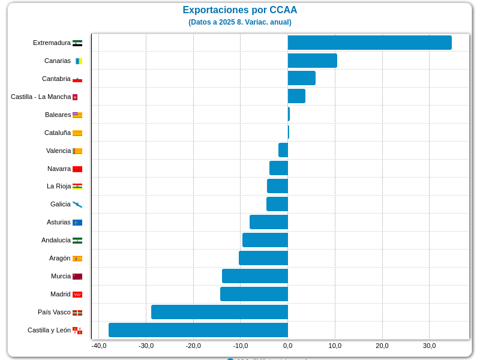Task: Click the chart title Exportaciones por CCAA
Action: point(239,10)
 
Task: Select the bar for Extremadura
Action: point(370,43)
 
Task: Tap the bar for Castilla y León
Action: point(198,330)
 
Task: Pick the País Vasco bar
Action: point(220,312)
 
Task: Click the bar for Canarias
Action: point(312,61)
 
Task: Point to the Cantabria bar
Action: point(301,78)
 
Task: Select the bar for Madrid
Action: point(254,294)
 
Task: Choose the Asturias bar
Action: point(269,222)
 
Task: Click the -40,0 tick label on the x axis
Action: point(99,346)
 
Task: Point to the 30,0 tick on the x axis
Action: point(429,346)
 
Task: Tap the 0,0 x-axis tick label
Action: point(288,346)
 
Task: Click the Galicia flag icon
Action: point(77,205)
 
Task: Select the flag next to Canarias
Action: point(78,61)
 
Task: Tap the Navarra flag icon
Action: point(77,169)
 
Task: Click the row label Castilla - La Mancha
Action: point(40,97)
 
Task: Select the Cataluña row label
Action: point(58,133)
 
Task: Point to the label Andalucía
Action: point(56,240)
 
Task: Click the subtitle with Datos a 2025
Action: point(239,22)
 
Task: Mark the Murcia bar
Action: point(255,276)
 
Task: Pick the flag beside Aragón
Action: point(77,259)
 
